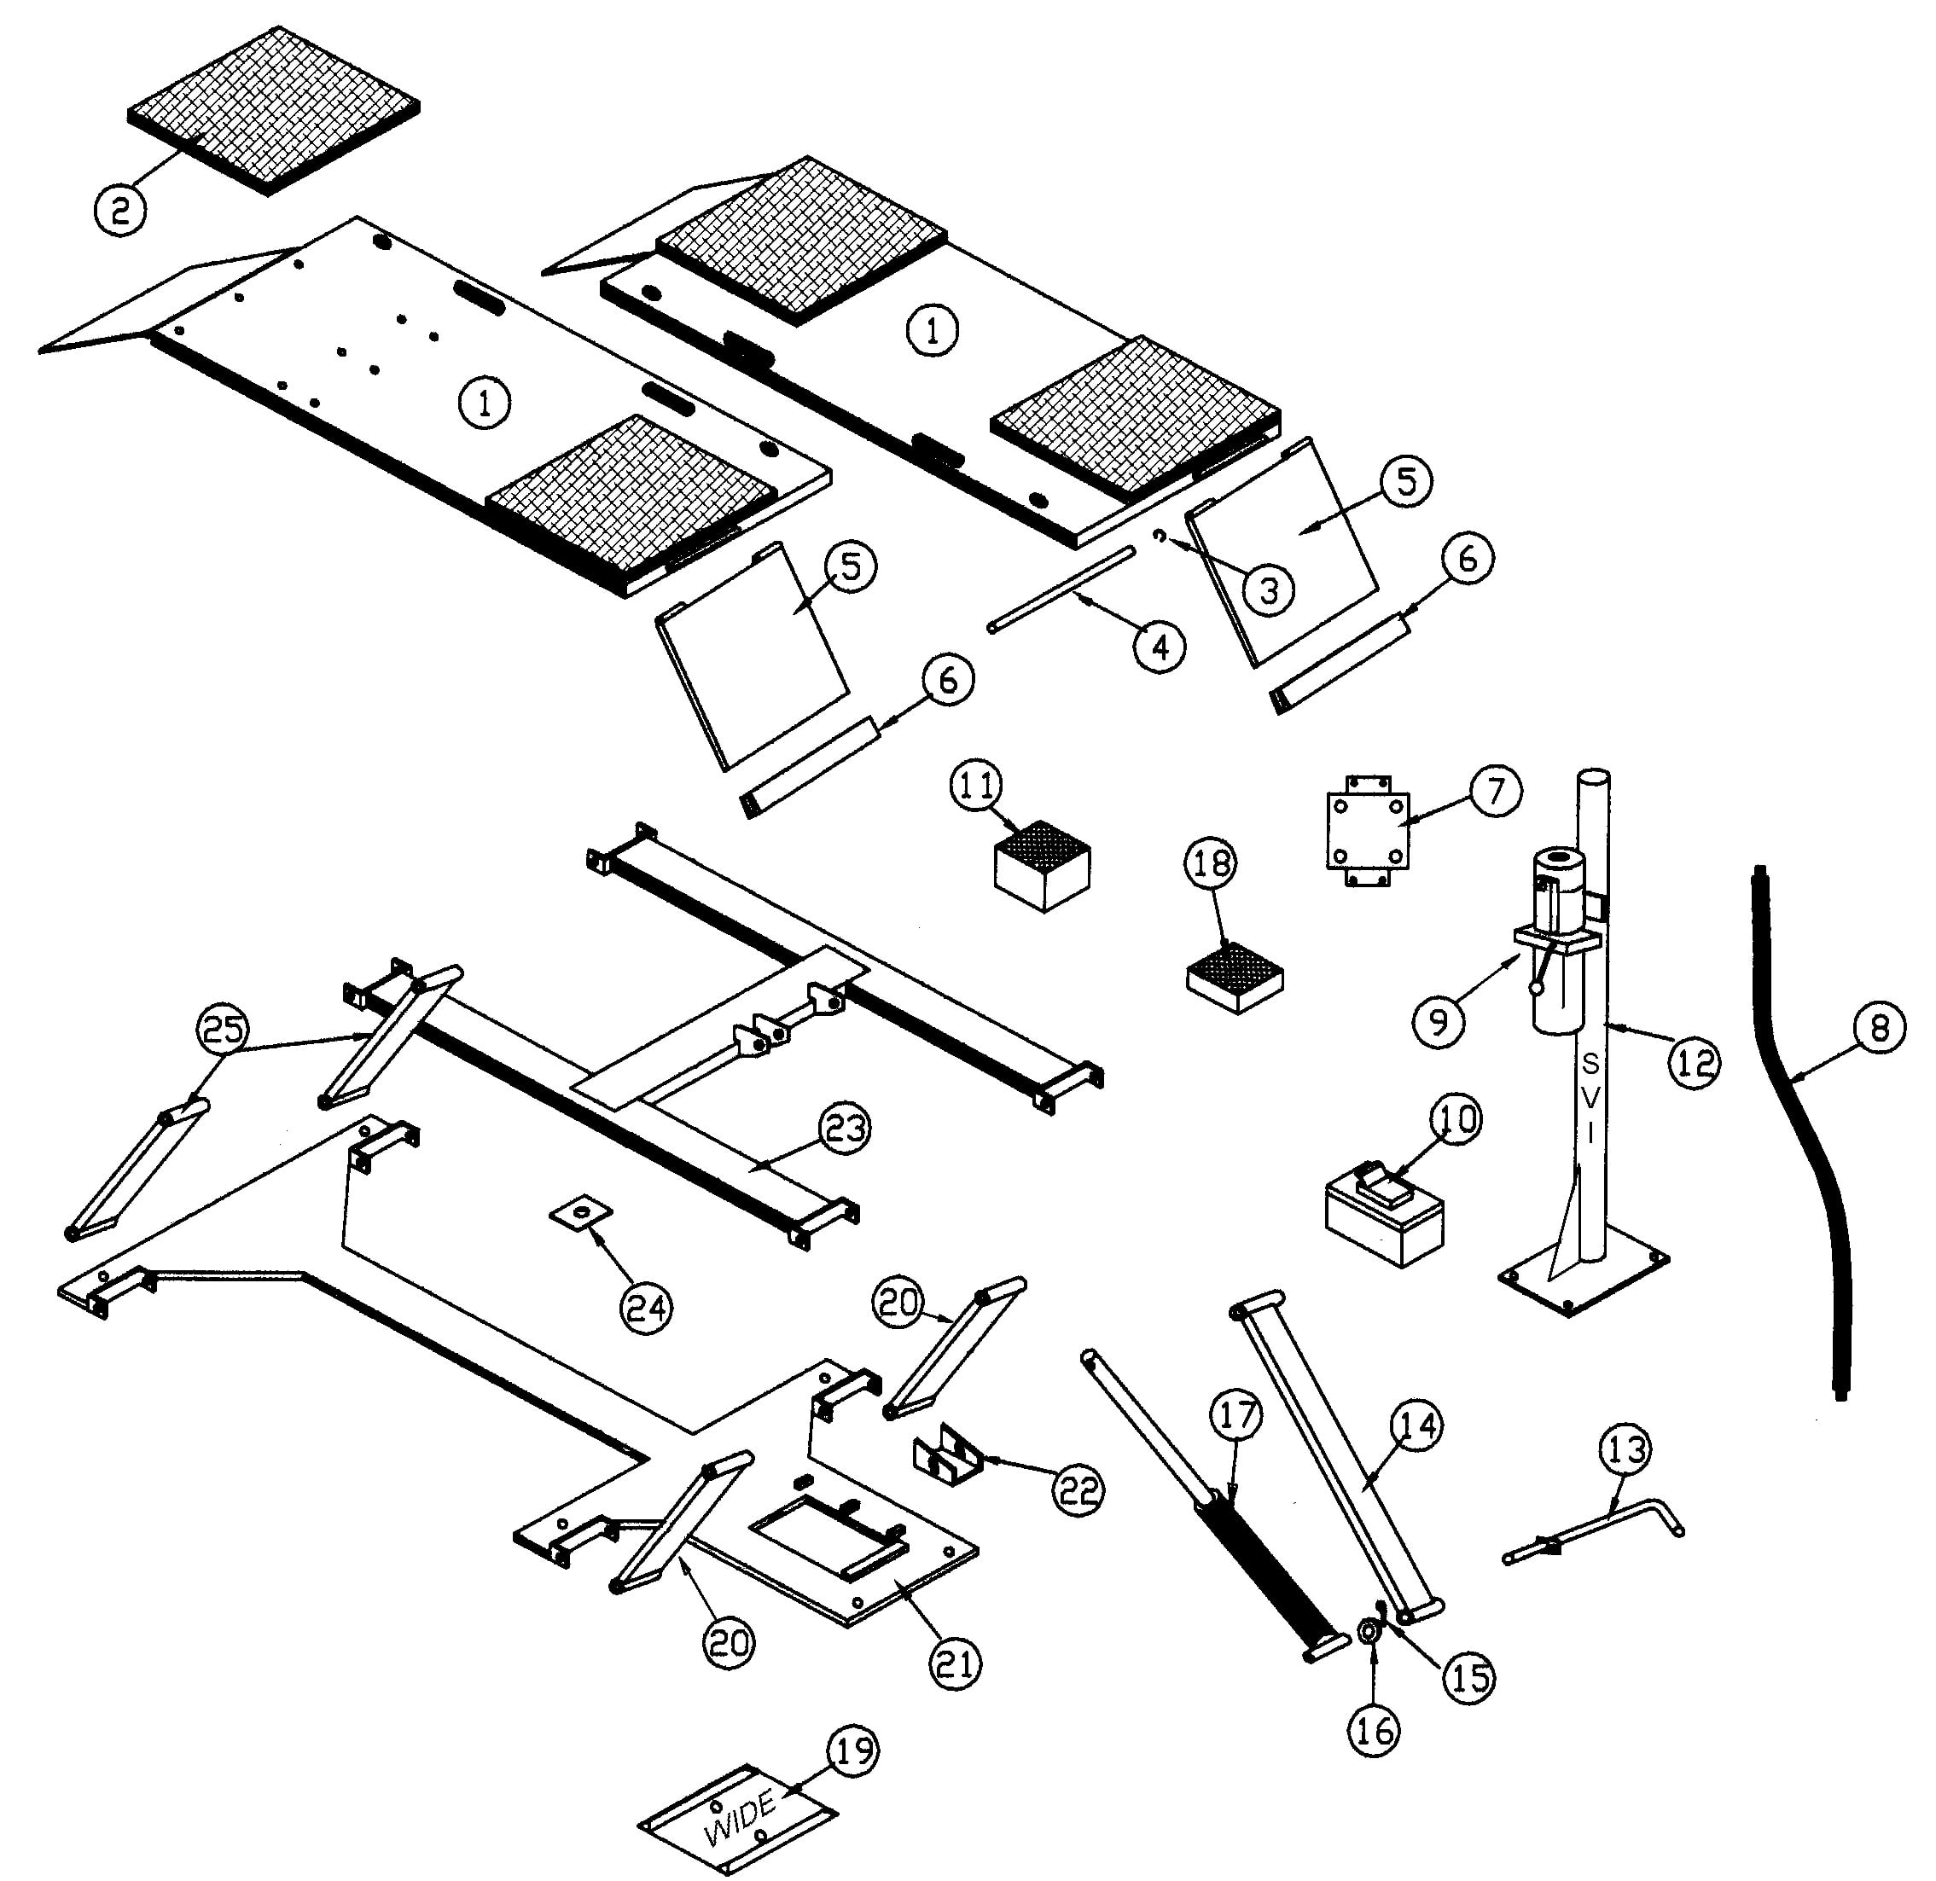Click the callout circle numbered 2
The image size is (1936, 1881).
pos(120,211)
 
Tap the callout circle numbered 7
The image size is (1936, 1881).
pos(1495,792)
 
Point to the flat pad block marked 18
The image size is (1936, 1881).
pos(1235,976)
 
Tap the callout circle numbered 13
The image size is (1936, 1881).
pos(1626,1450)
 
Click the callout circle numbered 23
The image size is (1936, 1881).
pos(844,1129)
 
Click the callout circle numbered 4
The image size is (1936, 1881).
pos(1160,647)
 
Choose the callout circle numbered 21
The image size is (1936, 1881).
pos(955,1663)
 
